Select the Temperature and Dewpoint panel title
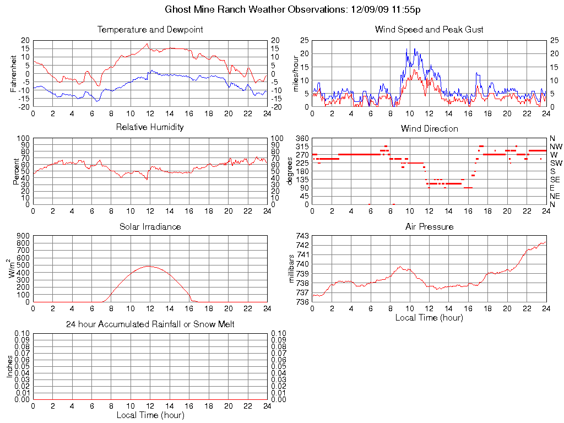[150, 29]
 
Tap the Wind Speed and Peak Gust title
[429, 29]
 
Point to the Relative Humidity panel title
[150, 127]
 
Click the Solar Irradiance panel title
[150, 226]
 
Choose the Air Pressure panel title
[429, 226]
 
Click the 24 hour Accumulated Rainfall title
[150, 324]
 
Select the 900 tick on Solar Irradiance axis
[23, 236]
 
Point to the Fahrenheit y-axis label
[14, 74]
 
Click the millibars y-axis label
[292, 269]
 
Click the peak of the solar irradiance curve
[149, 266]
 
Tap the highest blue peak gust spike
[407, 48]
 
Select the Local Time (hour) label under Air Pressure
[429, 317]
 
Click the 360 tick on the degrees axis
[302, 138]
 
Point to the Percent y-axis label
[16, 171]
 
